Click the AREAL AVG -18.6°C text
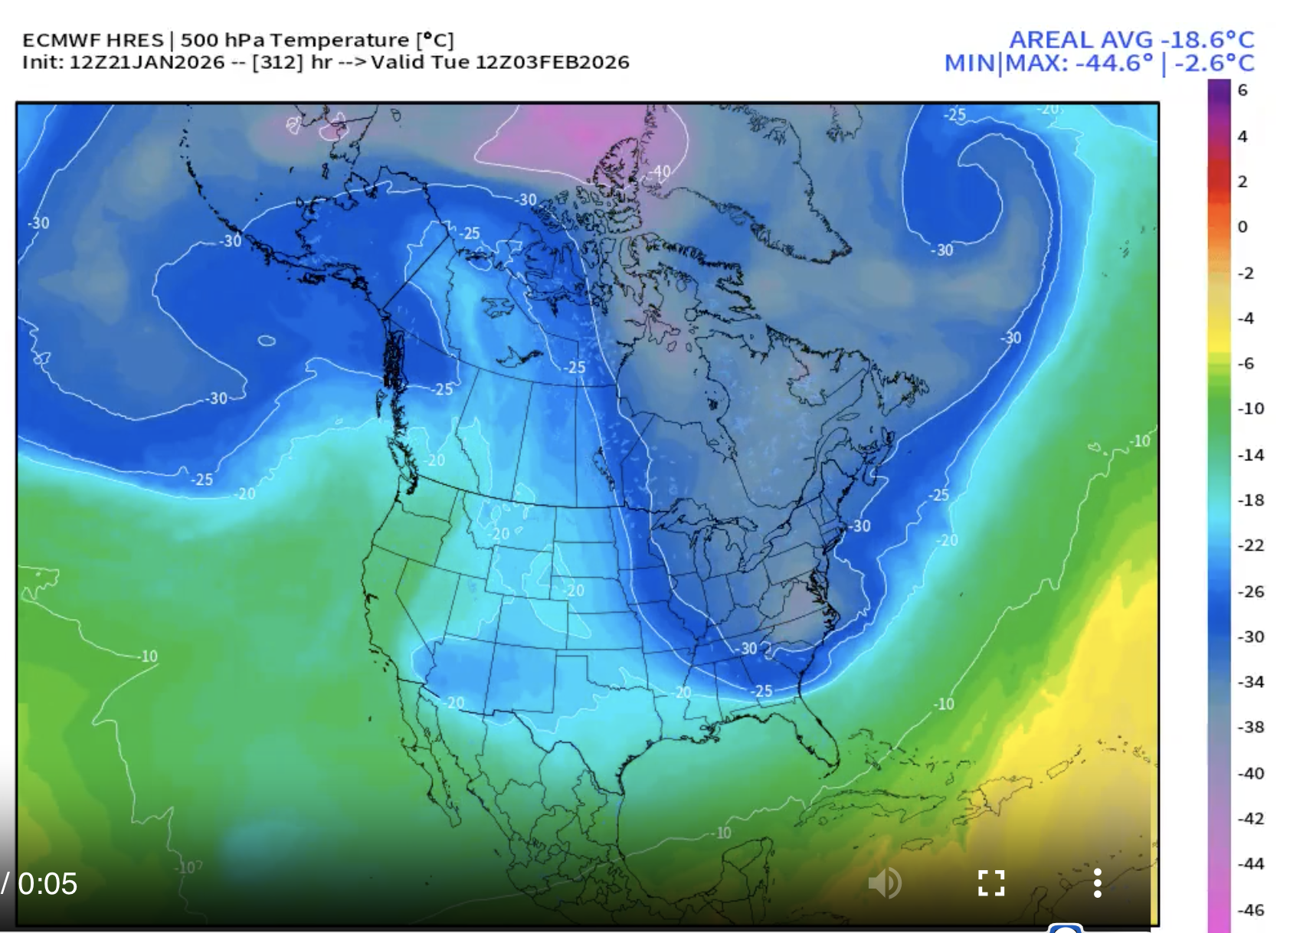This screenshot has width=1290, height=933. coord(1131,40)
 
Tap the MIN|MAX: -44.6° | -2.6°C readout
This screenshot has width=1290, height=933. coord(1099,64)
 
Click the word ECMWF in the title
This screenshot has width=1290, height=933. coord(54,40)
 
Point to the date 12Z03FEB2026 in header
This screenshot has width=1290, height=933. coord(552,62)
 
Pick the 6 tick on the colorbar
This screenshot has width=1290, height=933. coord(1243,90)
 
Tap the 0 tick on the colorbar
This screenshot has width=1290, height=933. coord(1243,227)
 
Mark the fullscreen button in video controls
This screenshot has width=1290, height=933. coord(991,883)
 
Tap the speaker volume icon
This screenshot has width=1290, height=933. coord(885,883)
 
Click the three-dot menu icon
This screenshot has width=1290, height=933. coord(1098,883)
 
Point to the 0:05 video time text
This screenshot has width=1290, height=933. coord(47,884)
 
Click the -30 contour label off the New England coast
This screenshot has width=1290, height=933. coord(859,525)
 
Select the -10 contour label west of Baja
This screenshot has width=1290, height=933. coord(148,656)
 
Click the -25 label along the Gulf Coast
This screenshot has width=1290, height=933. coord(761,691)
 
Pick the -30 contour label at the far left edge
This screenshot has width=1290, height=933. coord(38,223)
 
